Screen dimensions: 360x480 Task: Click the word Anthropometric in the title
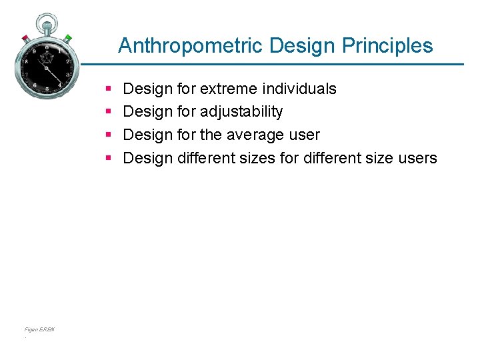[x=191, y=46]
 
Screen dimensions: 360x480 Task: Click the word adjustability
[x=241, y=111]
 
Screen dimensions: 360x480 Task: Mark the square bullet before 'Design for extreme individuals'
[x=108, y=89]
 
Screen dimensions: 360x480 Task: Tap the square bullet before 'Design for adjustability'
[x=108, y=111]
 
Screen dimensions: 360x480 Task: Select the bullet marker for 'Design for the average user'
[x=108, y=135]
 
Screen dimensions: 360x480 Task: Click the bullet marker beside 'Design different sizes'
[x=108, y=158]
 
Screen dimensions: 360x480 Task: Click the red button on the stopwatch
[x=25, y=38]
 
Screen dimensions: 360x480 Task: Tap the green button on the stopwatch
[x=68, y=38]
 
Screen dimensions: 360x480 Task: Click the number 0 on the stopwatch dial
[x=47, y=47]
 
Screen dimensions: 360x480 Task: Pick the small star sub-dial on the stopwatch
[x=47, y=58]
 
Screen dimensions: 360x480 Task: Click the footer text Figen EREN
[x=39, y=329]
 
